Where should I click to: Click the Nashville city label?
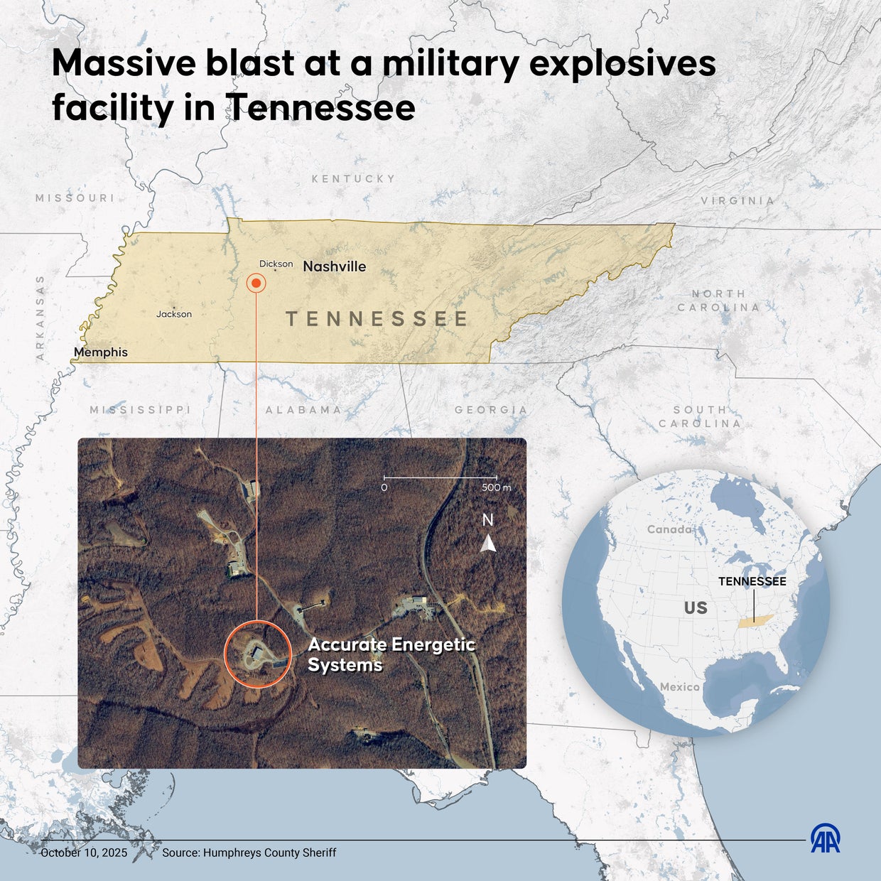pyautogui.click(x=335, y=266)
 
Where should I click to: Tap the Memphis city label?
pyautogui.click(x=101, y=352)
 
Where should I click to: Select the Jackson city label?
pyautogui.click(x=174, y=314)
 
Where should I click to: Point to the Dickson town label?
pyautogui.click(x=276, y=264)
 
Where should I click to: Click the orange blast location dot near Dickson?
pyautogui.click(x=256, y=283)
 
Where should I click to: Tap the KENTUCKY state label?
pyautogui.click(x=353, y=179)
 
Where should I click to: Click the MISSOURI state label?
pyautogui.click(x=75, y=198)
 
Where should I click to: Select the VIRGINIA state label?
pyautogui.click(x=737, y=201)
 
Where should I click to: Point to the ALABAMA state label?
pyautogui.click(x=303, y=410)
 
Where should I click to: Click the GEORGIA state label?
pyautogui.click(x=491, y=410)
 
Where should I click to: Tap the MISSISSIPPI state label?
pyautogui.click(x=141, y=410)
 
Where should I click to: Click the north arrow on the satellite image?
pyautogui.click(x=488, y=544)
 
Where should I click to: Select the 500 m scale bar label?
pyautogui.click(x=496, y=488)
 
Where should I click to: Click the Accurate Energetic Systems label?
pyautogui.click(x=391, y=654)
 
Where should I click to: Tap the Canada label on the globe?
pyautogui.click(x=669, y=529)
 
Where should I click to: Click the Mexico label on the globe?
pyautogui.click(x=680, y=687)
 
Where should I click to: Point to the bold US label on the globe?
pyautogui.click(x=696, y=607)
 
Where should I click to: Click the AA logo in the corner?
pyautogui.click(x=826, y=838)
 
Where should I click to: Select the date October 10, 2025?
pyautogui.click(x=84, y=853)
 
